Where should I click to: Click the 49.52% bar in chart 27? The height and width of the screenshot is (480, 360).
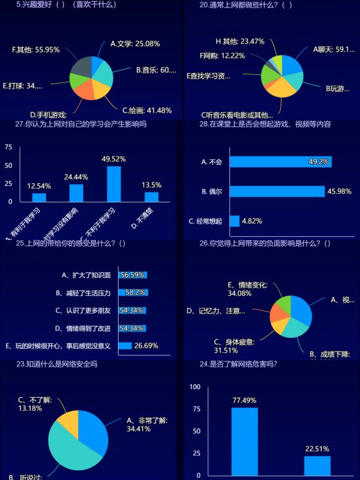[x=113, y=184]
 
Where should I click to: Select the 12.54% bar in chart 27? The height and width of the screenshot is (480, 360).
[x=39, y=197]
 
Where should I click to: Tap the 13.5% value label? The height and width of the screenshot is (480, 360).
[x=151, y=185]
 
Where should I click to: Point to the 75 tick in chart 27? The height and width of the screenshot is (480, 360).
[x=8, y=146]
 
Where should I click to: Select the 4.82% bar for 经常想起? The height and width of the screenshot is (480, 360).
[x=235, y=221]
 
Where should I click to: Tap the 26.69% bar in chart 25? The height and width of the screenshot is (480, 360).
[x=125, y=346]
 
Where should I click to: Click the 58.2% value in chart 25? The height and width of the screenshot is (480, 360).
[x=133, y=293]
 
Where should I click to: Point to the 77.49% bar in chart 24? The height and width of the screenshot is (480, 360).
[x=245, y=441]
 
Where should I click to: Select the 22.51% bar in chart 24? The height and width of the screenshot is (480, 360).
[x=317, y=465]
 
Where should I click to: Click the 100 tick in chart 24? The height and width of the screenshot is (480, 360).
[x=194, y=387]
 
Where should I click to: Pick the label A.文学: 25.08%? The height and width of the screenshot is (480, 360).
[x=135, y=44]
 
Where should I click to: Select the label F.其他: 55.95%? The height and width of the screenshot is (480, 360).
[x=36, y=50]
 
